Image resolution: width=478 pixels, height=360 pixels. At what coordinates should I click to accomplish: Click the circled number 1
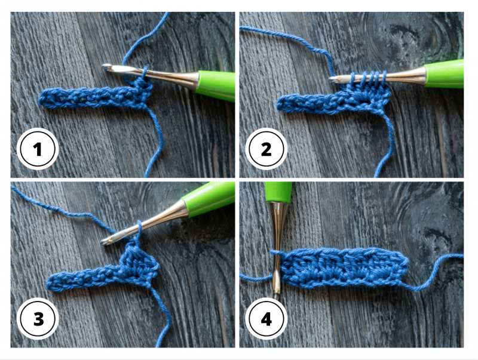38,149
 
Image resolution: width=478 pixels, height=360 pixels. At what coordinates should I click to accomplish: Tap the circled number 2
266,149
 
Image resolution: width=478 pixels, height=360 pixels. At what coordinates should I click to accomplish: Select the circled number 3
38,319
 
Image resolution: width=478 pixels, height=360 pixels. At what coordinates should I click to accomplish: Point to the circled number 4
266,319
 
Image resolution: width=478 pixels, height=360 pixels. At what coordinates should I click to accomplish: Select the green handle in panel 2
444,73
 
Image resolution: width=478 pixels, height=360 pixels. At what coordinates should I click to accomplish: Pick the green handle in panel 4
278,192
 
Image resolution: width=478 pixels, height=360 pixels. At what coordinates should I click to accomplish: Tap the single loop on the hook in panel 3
139,229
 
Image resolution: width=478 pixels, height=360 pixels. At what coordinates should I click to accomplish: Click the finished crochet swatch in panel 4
344,267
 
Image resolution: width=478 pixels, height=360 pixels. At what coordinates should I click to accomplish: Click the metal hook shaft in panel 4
277,247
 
